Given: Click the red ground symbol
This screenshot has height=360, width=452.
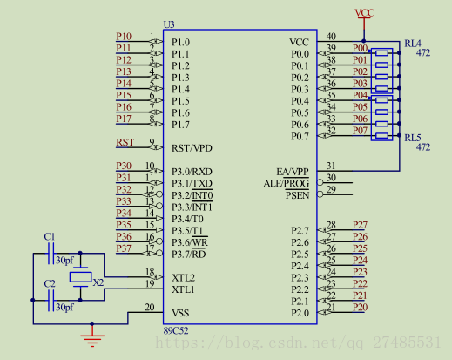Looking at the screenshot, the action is (92, 340).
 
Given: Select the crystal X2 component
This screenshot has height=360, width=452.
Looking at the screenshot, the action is (80, 277).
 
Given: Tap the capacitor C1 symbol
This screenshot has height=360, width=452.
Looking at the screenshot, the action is (51, 254).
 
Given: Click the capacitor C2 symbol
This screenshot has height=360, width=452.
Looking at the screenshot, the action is (51, 301).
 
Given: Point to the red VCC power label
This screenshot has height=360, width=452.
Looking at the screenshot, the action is (365, 13).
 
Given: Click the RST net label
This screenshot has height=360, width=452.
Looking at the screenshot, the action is (125, 142).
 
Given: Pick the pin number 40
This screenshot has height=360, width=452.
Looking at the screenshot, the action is (331, 37).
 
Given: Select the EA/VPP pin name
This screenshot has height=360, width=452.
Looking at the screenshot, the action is (293, 172).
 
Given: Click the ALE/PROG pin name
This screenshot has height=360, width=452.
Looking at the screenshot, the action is (287, 184).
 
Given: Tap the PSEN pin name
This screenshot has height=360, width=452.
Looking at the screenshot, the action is (297, 195).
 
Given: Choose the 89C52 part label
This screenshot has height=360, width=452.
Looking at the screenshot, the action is (176, 330).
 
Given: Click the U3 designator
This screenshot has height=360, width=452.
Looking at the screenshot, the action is (169, 24).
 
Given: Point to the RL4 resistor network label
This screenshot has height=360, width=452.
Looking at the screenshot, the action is (413, 44).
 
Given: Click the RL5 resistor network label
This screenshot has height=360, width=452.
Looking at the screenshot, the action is (413, 138).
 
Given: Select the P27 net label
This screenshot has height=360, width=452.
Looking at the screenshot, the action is (360, 225).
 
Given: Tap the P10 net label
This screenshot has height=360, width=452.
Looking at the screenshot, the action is (124, 37).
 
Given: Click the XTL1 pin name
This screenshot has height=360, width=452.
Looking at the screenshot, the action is (183, 289).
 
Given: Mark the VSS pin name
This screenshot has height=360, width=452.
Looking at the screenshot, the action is (180, 313).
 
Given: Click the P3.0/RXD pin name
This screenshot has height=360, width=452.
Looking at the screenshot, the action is (192, 172).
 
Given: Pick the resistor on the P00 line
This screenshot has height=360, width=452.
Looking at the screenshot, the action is (381, 53).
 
